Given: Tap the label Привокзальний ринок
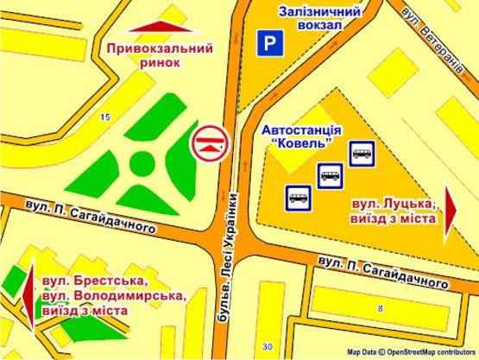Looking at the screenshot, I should (160, 55).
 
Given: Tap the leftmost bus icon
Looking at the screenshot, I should (299, 199).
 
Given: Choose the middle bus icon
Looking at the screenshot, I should (330, 176).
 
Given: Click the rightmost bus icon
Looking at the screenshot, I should (361, 155).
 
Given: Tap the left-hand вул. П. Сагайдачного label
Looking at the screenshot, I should (91, 217).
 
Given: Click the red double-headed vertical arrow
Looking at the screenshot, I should (31, 299).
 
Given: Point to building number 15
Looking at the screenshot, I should (105, 117).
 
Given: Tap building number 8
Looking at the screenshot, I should (380, 307).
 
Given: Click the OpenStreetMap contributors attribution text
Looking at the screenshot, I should (412, 353).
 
